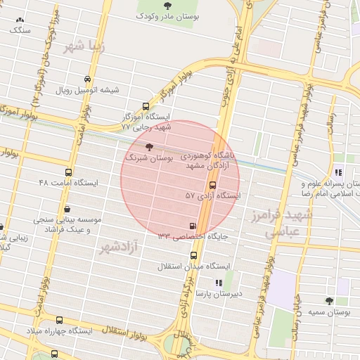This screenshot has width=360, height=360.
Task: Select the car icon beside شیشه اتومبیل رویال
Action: pyautogui.click(x=87, y=79)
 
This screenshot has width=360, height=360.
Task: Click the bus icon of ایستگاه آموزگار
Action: pyautogui.click(x=146, y=105)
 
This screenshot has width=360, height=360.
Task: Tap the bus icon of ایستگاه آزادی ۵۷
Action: pyautogui.click(x=212, y=185)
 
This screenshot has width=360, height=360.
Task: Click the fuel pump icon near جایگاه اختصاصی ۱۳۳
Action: pyautogui.click(x=192, y=226)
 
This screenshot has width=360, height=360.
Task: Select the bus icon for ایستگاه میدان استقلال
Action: pyautogui.click(x=194, y=256)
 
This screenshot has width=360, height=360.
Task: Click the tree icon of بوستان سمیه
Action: pyautogui.click(x=329, y=301)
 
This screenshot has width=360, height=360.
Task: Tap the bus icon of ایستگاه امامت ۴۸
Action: pyautogui.click(x=69, y=172)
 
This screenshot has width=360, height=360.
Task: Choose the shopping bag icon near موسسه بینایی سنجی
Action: pyautogui.click(x=67, y=209)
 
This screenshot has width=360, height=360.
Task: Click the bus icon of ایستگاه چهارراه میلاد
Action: pyautogui.click(x=58, y=321)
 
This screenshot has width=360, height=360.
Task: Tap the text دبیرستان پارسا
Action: pyautogui.click(x=219, y=293)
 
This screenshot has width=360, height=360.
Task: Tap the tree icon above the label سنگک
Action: pyautogui.click(x=19, y=20)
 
